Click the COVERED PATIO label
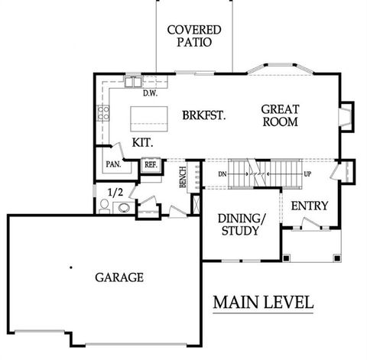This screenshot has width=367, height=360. [x=194, y=36]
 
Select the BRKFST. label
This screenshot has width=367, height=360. [x=203, y=115]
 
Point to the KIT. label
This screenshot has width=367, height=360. [x=143, y=143]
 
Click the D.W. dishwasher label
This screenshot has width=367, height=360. [x=150, y=93]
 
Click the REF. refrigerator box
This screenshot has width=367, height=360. [x=151, y=164]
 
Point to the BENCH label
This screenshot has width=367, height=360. [x=183, y=177]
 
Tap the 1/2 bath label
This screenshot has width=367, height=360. [x=115, y=192]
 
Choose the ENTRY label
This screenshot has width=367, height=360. [x=310, y=206]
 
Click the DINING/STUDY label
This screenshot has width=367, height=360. [x=242, y=224]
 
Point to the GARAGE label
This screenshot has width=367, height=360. [x=119, y=277]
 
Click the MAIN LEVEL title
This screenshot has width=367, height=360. [x=262, y=302]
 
